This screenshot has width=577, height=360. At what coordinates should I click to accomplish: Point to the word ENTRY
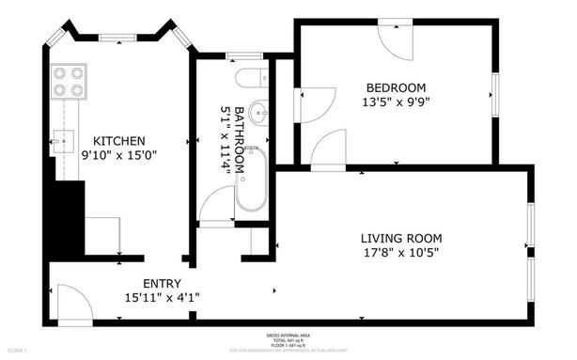(162, 283)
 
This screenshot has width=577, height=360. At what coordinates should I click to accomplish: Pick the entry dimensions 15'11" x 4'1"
(162, 297)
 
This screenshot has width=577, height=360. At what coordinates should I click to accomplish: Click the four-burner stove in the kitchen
(69, 81)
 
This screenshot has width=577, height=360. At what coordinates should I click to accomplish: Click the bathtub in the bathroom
(250, 180)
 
